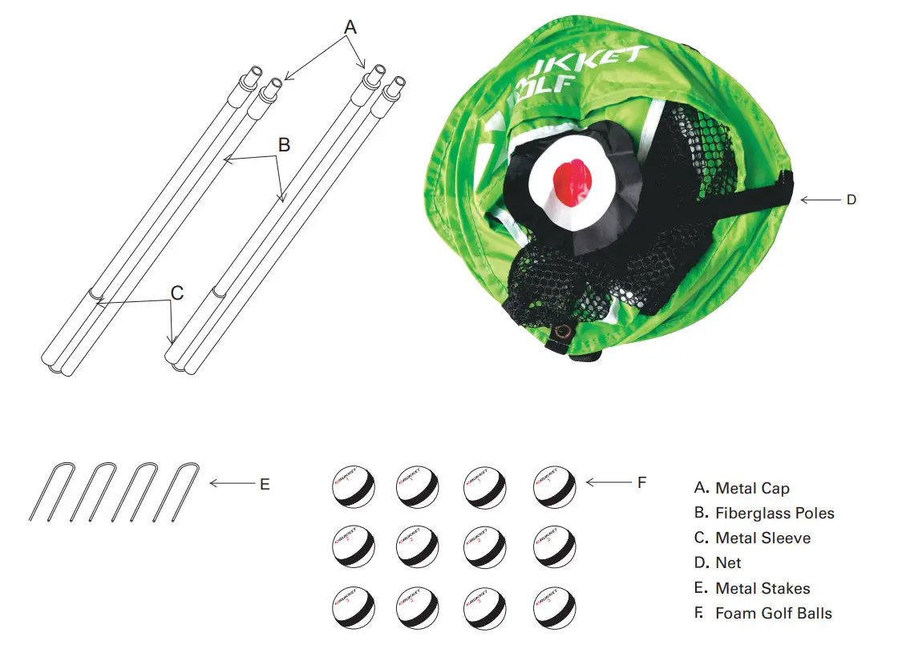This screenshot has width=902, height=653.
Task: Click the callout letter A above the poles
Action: point(350,27)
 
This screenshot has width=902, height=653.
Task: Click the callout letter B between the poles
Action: point(284,145)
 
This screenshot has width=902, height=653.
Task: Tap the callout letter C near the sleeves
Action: point(177,293)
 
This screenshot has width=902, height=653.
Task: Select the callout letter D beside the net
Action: point(851,200)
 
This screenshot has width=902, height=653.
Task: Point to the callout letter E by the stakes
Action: point(265,485)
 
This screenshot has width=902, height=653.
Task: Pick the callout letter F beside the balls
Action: point(641,482)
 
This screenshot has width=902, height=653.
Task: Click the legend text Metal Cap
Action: point(752,488)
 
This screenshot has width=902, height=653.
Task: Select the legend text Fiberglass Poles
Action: point(775,513)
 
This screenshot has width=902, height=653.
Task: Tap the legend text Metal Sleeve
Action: point(762,538)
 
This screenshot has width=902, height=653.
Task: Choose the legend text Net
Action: point(728,563)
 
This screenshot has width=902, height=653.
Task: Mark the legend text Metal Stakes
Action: point(762,588)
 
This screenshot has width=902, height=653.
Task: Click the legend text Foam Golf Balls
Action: point(774,613)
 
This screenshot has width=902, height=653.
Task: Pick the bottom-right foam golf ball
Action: point(555,610)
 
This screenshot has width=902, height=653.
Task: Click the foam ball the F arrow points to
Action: point(555,484)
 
